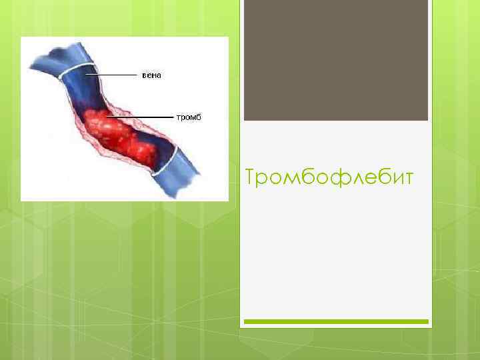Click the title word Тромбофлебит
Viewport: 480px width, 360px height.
329,178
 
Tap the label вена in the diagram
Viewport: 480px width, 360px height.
151,75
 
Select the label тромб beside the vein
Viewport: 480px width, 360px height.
188,117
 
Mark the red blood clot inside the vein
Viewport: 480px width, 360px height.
123,137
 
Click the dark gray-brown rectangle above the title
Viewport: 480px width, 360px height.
335,60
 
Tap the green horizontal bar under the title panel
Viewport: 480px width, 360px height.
335,321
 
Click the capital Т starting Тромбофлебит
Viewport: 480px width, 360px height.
251,178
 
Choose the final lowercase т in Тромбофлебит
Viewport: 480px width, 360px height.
408,179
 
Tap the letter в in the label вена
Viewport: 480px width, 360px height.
145,75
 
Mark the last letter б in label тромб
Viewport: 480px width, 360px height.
198,117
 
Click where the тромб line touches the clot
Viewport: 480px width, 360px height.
107,117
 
